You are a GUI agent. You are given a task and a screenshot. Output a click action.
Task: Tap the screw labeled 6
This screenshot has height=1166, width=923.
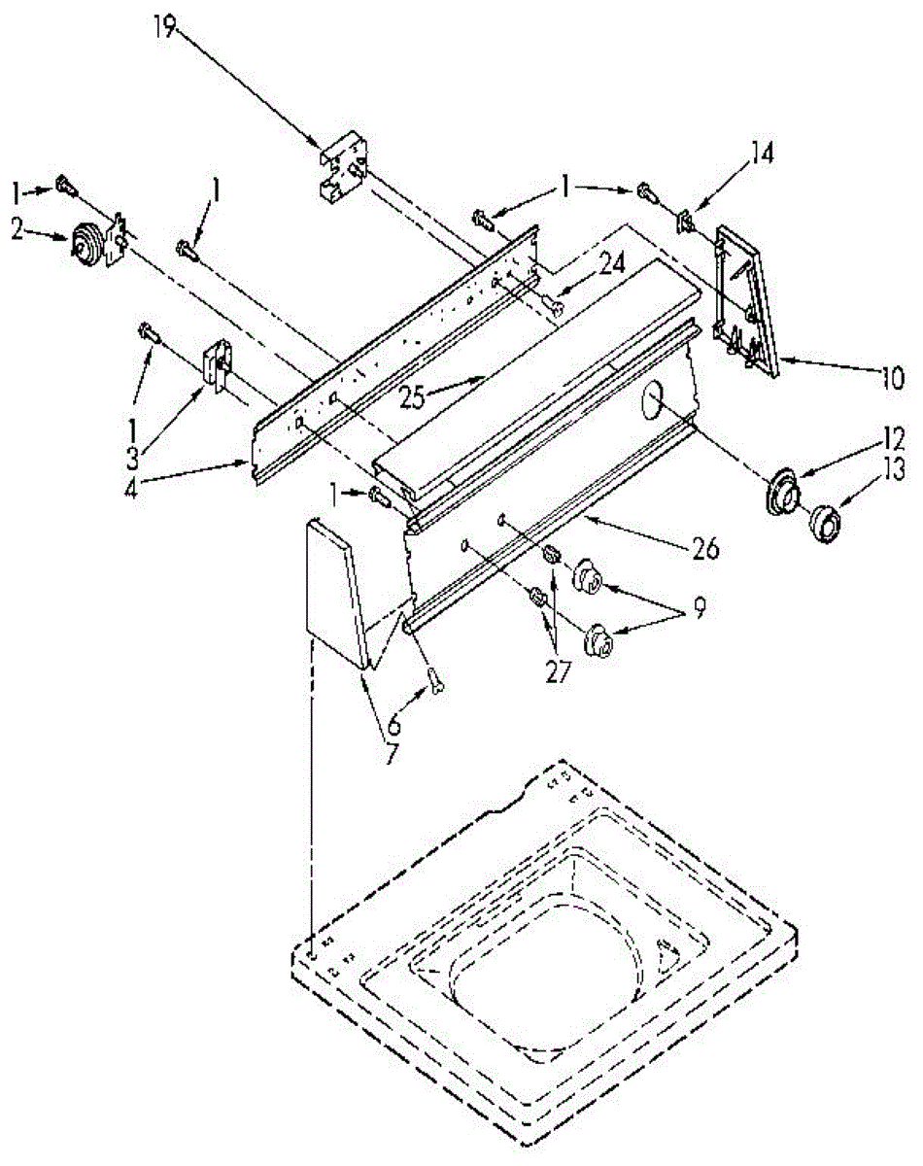coord(437,683)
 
